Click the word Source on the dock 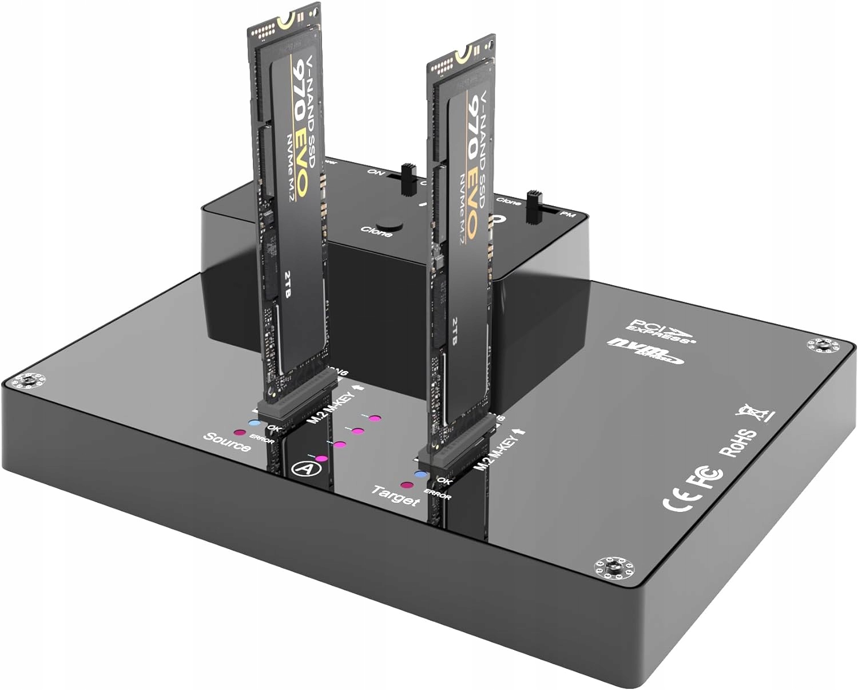[x=227, y=441]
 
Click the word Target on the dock [x=395, y=496]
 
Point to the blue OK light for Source [x=254, y=424]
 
